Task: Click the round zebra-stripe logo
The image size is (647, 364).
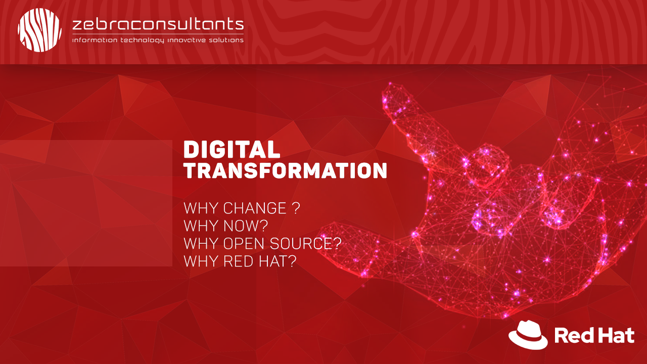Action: point(39,30)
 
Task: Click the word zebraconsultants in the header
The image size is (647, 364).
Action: point(158,24)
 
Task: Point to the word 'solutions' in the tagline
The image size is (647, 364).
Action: point(226,40)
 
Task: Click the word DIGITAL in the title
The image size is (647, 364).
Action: point(232,149)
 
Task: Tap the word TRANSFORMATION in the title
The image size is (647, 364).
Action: point(286,171)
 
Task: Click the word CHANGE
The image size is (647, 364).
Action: point(255,208)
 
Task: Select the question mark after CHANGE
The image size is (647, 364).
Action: point(296,208)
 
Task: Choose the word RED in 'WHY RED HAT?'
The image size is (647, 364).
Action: point(238,261)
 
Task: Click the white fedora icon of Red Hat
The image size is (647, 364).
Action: point(528,335)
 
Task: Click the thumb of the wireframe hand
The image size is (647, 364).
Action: point(361,246)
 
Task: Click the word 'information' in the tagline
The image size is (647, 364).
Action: point(95,40)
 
